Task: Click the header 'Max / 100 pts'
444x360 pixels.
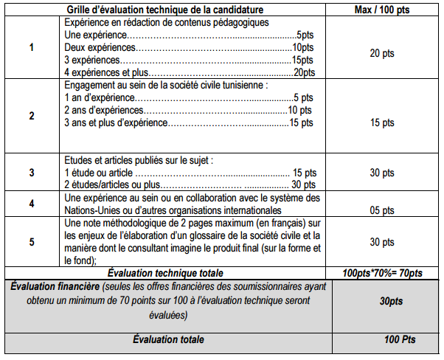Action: [382, 8]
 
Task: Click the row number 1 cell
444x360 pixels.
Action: [31, 48]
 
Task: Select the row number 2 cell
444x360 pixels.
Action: [31, 116]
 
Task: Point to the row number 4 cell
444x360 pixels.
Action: [31, 204]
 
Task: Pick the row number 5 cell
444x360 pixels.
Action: [31, 241]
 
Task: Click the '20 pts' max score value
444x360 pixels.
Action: [382, 53]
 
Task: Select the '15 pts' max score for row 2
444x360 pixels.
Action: [382, 122]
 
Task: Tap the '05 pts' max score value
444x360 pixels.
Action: [382, 210]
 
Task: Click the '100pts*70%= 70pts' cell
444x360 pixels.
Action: [382, 274]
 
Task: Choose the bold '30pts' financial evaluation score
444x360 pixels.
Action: [382, 302]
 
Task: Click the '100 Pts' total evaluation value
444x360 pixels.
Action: [382, 339]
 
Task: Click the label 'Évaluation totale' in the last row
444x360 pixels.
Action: [168, 339]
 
